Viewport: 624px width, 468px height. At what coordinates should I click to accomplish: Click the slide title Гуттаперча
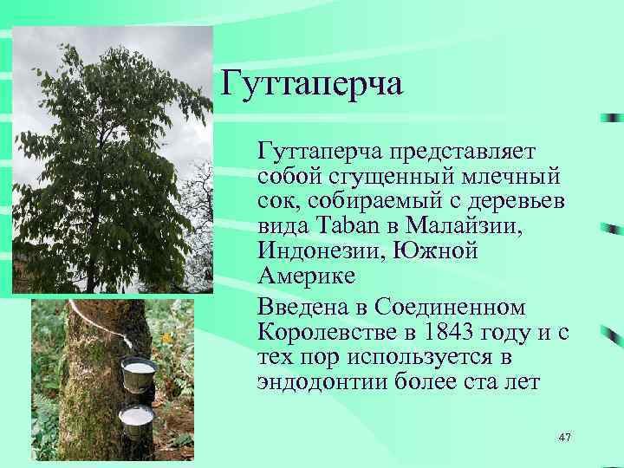click(312, 85)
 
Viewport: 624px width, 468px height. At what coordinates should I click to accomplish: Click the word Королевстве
click(331, 333)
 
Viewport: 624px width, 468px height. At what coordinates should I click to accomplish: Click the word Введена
click(303, 308)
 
